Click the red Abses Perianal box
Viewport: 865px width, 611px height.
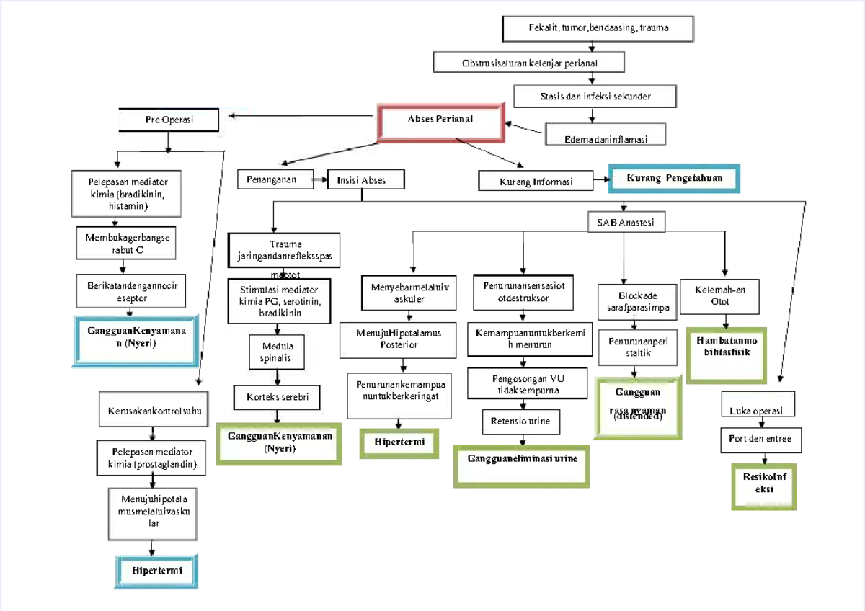tap(440, 120)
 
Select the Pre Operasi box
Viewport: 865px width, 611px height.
tap(168, 120)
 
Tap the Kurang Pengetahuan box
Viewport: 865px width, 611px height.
tap(674, 178)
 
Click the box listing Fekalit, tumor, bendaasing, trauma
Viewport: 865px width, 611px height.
tap(597, 29)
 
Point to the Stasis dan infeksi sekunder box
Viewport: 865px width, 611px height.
tap(595, 97)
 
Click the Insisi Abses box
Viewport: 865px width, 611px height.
tap(365, 180)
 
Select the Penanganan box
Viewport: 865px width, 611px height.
tap(276, 178)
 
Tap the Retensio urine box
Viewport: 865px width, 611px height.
tap(520, 422)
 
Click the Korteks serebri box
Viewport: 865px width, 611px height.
tap(277, 397)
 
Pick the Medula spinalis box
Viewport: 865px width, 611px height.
tap(278, 352)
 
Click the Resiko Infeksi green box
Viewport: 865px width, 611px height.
tap(763, 483)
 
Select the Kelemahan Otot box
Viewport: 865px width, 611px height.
tap(720, 296)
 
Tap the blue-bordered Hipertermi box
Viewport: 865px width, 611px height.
tap(157, 571)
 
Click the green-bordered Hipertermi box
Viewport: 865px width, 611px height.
tap(399, 442)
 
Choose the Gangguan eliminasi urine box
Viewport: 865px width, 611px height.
tap(522, 459)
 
